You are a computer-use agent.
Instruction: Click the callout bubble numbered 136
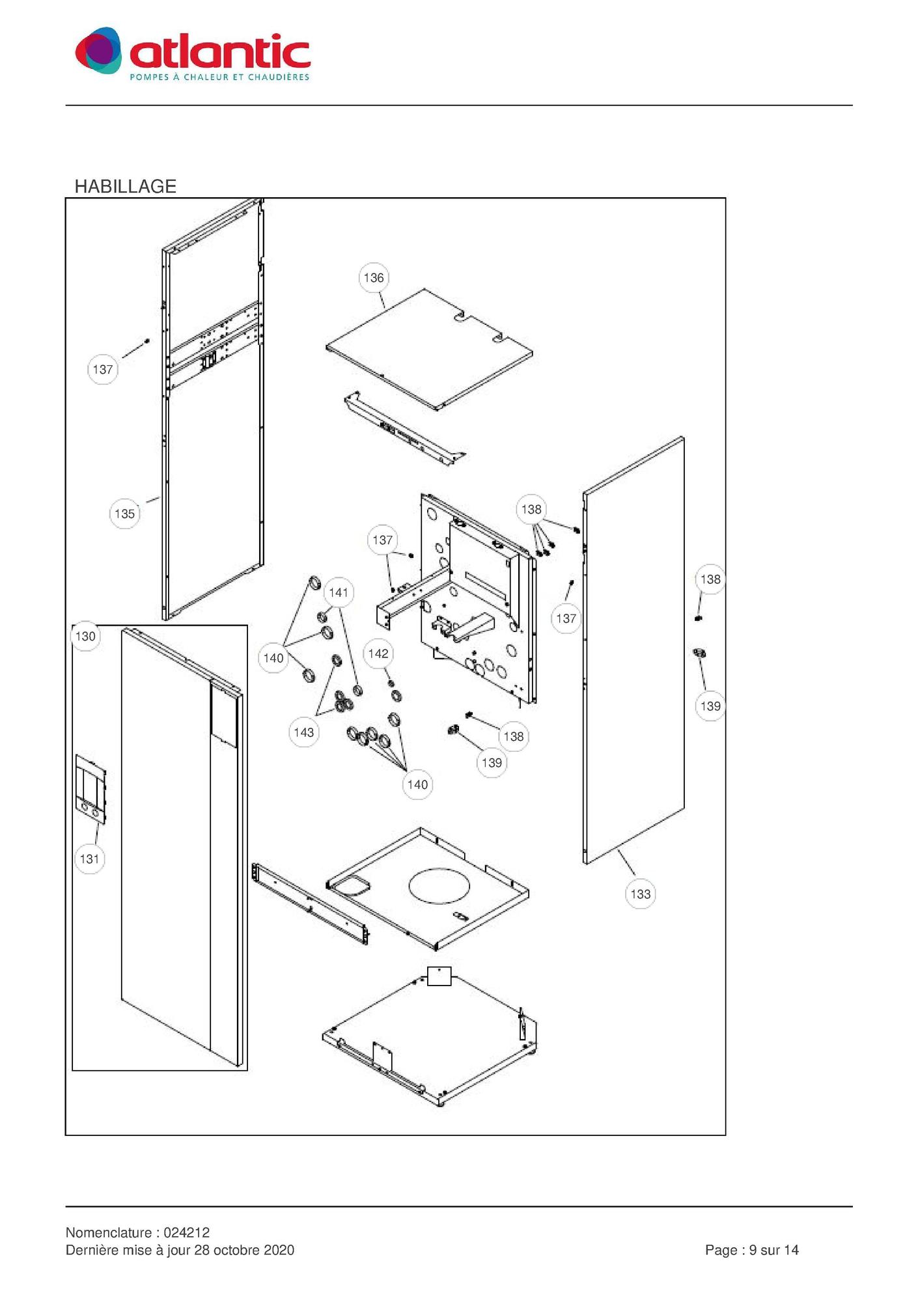pyautogui.click(x=374, y=278)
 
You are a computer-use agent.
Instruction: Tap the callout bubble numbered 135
pyautogui.click(x=124, y=514)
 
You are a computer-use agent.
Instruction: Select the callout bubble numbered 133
pyautogui.click(x=641, y=894)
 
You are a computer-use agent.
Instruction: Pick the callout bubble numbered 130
pyautogui.click(x=85, y=636)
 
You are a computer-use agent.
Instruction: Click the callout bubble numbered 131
pyautogui.click(x=90, y=859)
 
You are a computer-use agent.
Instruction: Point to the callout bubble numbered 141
pyautogui.click(x=339, y=592)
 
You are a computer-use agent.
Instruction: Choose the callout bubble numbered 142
pyautogui.click(x=378, y=654)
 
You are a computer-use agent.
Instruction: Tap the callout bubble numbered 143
pyautogui.click(x=304, y=732)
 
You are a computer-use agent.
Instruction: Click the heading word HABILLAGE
pyautogui.click(x=126, y=186)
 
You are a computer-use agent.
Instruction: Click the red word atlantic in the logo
pyautogui.click(x=220, y=52)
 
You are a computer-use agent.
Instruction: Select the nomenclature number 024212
pyautogui.click(x=187, y=1232)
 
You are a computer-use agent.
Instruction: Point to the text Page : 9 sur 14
pyautogui.click(x=752, y=1250)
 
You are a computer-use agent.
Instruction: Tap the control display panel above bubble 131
pyautogui.click(x=90, y=789)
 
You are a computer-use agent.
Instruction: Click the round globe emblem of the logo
pyautogui.click(x=98, y=51)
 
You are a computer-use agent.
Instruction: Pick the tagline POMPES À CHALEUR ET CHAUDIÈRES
pyautogui.click(x=219, y=77)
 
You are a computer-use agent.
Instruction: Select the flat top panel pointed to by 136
pyautogui.click(x=430, y=349)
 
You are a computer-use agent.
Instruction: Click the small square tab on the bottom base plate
pyautogui.click(x=439, y=976)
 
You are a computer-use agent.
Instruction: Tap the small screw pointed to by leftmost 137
pyautogui.click(x=148, y=340)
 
